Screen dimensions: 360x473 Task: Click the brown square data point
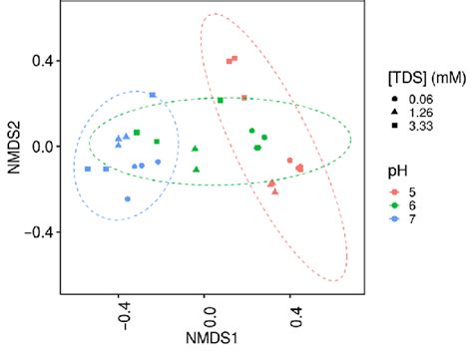(x=243, y=98)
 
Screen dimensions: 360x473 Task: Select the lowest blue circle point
(x=128, y=198)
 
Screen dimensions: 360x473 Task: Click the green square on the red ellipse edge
(x=221, y=101)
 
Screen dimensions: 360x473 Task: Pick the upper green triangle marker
(x=196, y=149)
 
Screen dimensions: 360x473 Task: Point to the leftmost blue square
(x=88, y=170)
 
